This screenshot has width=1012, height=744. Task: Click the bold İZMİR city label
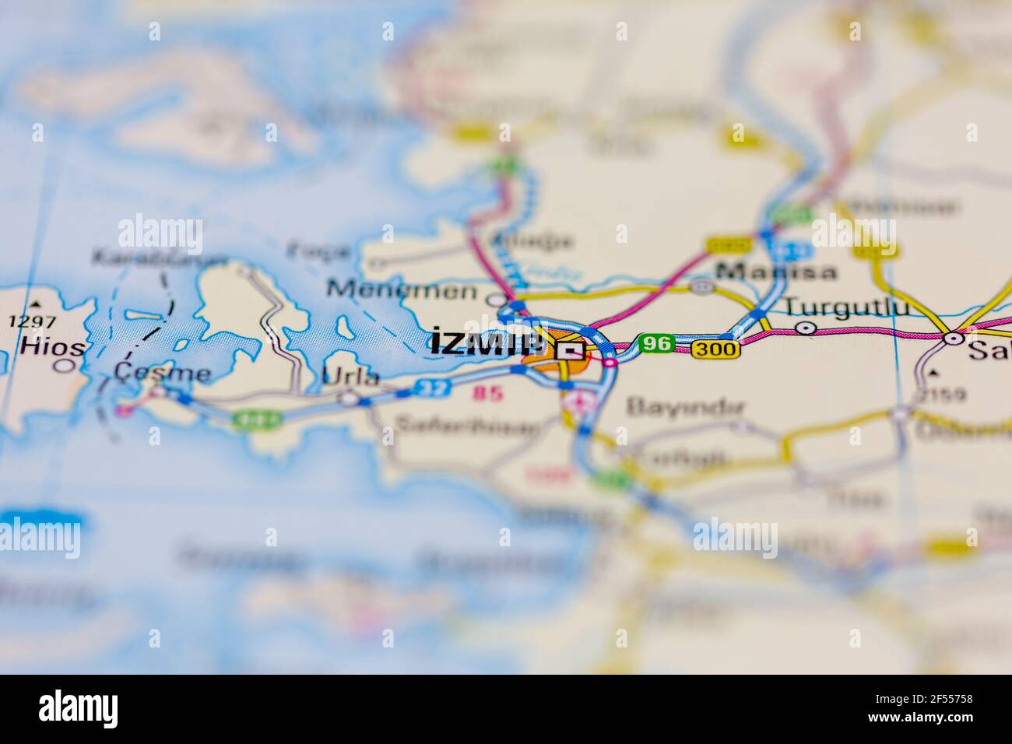pos(487,343)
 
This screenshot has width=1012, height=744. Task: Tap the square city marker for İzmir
pos(572,350)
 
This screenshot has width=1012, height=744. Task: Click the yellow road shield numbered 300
pos(714,349)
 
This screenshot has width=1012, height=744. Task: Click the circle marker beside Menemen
pos(495,299)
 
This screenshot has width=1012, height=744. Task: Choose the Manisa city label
pos(776,271)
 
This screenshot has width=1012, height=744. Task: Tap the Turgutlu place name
pos(845,307)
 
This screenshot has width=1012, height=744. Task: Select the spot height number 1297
pos(31,321)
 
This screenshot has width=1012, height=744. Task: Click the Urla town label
pos(351,377)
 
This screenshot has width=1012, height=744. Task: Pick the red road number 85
pos(488,394)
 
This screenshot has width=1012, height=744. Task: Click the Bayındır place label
pos(686,406)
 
